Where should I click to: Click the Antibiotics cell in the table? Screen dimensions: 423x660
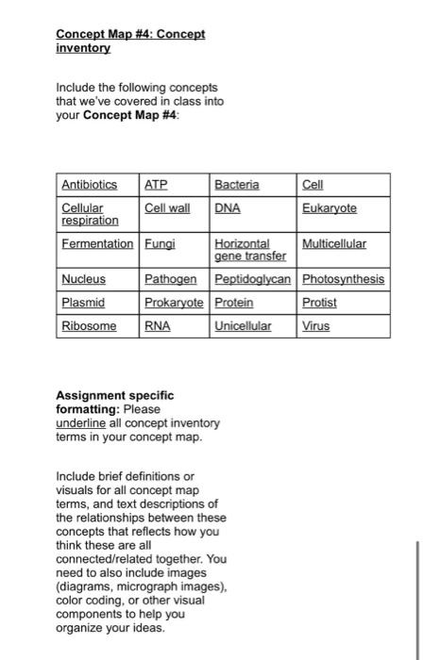click(89, 184)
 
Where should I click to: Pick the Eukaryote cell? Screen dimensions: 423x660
click(330, 206)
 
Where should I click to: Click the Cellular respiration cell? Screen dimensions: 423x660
click(90, 213)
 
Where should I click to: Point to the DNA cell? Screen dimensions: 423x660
click(227, 206)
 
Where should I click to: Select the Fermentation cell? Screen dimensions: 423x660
click(97, 243)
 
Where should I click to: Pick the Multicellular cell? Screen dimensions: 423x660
click(334, 243)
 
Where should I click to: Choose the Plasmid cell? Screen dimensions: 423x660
click(83, 303)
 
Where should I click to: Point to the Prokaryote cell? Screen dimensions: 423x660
click(176, 303)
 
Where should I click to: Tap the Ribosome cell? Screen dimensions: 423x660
click(89, 326)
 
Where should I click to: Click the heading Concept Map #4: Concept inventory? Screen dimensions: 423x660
click(129, 40)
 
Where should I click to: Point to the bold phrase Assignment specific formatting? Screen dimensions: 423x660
click(116, 403)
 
